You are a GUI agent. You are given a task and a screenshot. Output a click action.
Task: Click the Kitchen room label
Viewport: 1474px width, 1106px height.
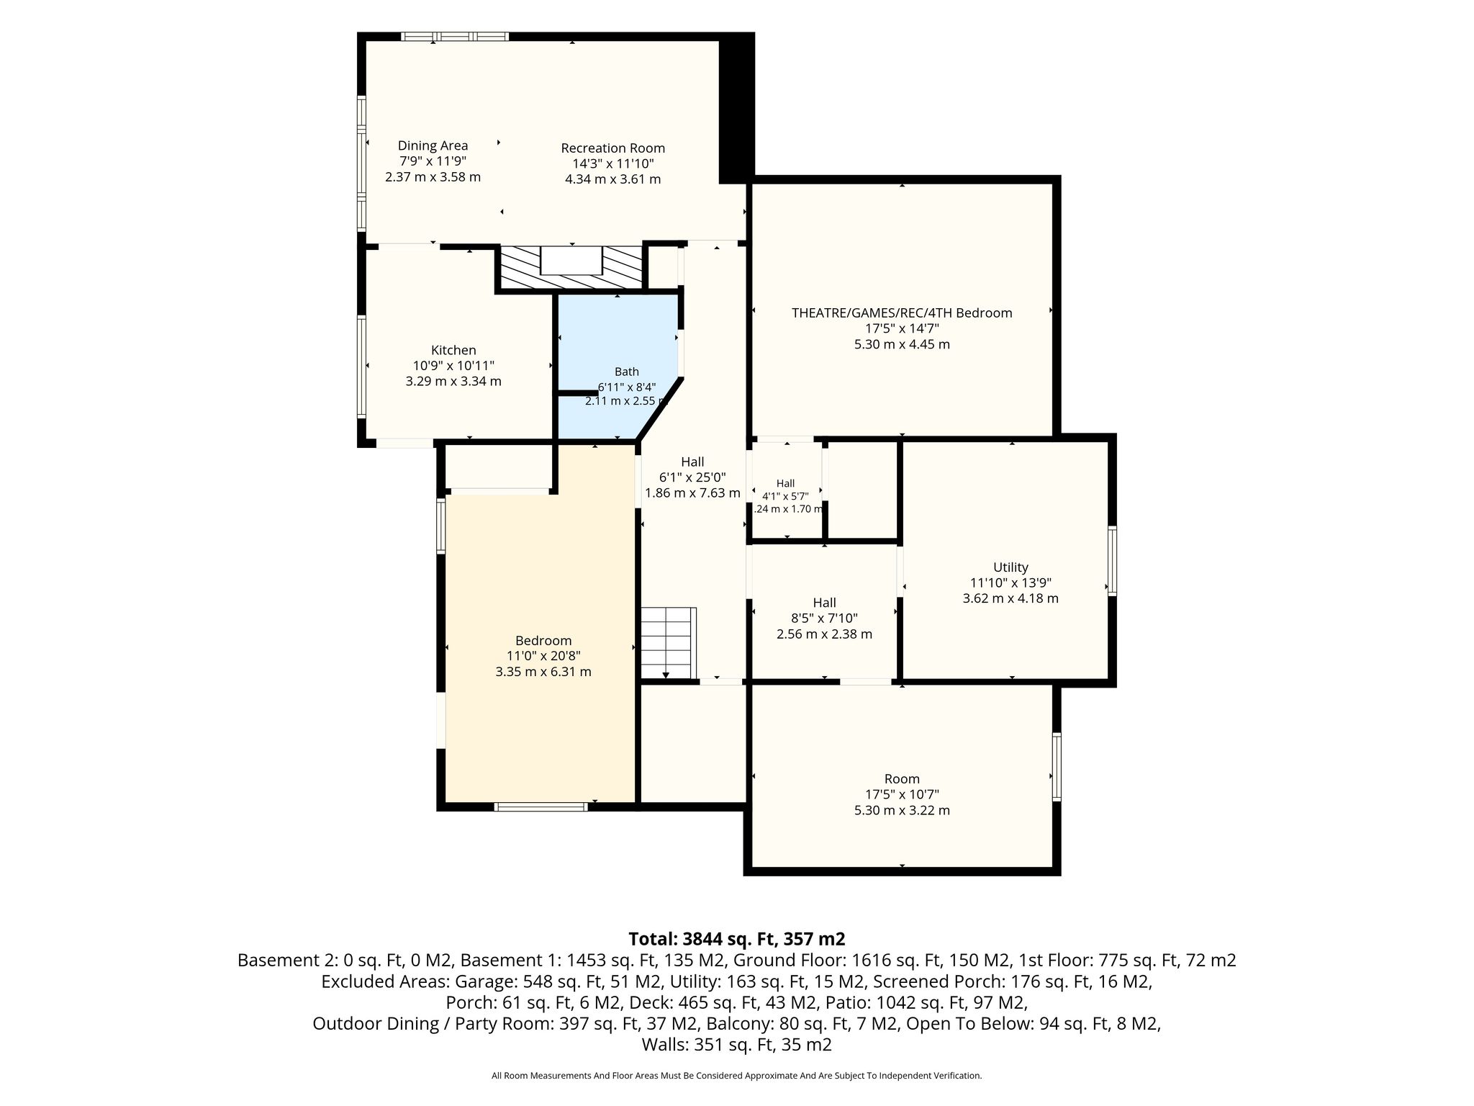(x=453, y=351)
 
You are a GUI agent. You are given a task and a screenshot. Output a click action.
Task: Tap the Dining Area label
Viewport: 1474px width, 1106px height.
(x=433, y=145)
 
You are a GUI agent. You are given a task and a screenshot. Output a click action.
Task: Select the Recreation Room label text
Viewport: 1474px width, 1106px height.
(x=613, y=148)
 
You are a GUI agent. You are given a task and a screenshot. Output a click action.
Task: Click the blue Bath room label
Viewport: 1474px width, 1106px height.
(x=626, y=372)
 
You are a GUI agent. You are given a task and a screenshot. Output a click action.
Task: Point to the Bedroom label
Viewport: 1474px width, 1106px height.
(x=543, y=641)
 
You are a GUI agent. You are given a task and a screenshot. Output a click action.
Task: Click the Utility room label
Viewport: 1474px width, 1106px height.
(x=1010, y=567)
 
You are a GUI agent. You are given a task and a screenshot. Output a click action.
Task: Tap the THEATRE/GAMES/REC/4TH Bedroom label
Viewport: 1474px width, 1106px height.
(x=902, y=313)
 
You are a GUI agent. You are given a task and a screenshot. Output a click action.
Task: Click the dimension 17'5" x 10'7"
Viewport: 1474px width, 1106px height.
(x=902, y=795)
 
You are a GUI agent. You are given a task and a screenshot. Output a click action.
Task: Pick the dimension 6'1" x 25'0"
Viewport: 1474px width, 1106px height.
(x=692, y=477)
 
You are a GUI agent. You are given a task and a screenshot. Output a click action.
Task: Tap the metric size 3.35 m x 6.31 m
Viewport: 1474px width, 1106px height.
(x=543, y=672)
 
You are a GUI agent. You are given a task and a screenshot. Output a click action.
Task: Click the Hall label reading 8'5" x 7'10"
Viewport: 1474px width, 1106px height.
(x=824, y=619)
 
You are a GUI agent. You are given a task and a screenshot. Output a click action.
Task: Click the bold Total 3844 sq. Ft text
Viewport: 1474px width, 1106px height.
(x=736, y=939)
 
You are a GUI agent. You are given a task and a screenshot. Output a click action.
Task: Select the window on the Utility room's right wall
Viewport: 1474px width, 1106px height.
(x=1112, y=561)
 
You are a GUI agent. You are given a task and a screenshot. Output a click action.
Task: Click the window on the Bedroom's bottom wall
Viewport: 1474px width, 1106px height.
(x=541, y=806)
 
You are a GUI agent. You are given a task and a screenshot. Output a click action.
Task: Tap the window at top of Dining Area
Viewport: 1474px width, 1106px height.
(x=455, y=36)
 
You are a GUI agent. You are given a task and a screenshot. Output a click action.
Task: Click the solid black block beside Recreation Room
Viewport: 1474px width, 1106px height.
(x=737, y=108)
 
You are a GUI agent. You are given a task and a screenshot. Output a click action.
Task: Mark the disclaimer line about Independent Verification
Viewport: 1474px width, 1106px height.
(x=736, y=1076)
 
